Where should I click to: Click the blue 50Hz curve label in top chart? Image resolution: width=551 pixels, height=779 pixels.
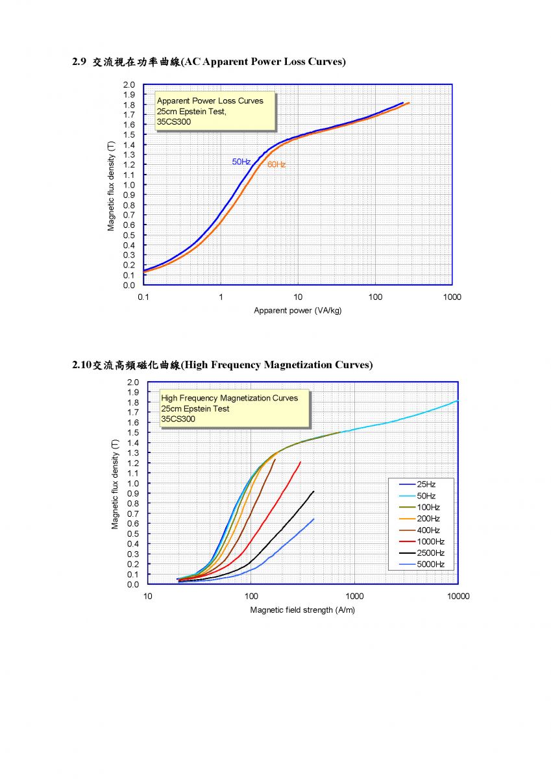pos(241,162)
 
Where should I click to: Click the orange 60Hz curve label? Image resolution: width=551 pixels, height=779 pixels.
pos(276,164)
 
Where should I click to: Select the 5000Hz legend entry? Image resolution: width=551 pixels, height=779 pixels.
pos(421,564)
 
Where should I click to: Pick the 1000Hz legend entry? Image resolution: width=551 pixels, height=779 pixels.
pos(421,541)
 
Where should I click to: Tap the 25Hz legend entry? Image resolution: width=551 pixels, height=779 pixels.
pos(417,484)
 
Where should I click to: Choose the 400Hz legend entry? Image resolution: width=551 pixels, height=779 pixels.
pos(419,530)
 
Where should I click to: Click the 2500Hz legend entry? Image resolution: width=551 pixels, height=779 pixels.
pos(421,553)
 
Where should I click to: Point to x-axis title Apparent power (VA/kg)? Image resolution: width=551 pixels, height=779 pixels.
pos(298,310)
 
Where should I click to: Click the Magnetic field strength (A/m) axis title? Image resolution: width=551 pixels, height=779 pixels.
pos(302,610)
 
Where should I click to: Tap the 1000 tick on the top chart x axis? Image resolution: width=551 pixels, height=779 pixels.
pos(452,297)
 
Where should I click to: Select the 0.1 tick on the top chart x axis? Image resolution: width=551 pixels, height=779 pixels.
pos(143,297)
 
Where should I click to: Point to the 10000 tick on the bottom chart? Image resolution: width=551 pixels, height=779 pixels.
pos(458,596)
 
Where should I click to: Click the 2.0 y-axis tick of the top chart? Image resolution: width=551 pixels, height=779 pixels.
pos(129,84)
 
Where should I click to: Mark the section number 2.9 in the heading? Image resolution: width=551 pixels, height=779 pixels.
pos(79,62)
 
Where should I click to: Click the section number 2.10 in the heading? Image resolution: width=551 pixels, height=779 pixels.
pos(82,365)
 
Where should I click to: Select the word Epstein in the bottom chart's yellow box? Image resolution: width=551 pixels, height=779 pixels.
pos(198,408)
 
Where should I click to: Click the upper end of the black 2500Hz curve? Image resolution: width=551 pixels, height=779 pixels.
pos(314,491)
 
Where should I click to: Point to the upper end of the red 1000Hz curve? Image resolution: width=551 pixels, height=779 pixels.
pos(300,462)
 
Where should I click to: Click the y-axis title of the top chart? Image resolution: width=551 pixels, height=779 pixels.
pos(111,186)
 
